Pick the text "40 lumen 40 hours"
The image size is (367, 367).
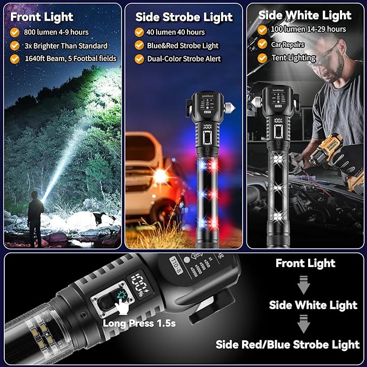[177, 32]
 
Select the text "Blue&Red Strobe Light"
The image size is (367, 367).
[183, 45]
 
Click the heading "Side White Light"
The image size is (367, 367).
[305, 15]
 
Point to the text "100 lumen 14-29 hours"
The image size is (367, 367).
[309, 29]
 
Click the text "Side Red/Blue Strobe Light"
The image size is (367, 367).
[288, 344]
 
